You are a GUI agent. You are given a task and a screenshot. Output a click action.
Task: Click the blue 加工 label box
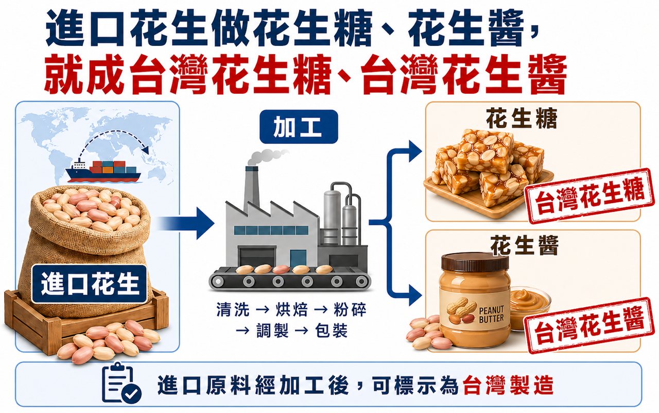(299, 127)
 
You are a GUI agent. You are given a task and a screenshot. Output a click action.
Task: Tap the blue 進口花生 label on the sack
(89, 284)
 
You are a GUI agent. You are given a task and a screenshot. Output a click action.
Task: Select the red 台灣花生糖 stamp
(589, 196)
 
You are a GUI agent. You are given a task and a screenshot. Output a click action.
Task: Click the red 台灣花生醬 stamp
(589, 325)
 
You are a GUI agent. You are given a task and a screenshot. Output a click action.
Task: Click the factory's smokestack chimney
(252, 186)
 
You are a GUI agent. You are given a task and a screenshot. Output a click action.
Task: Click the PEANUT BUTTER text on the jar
(491, 314)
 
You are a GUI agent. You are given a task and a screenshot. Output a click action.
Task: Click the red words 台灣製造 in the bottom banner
(508, 385)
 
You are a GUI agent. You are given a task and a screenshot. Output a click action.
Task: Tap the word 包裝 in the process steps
(331, 330)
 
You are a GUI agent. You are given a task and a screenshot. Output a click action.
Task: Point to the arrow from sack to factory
(185, 223)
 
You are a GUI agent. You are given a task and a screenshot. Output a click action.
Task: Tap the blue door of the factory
(299, 258)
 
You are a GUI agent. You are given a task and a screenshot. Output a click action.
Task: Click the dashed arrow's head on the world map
(145, 149)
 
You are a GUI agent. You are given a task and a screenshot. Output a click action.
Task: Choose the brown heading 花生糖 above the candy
(522, 118)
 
